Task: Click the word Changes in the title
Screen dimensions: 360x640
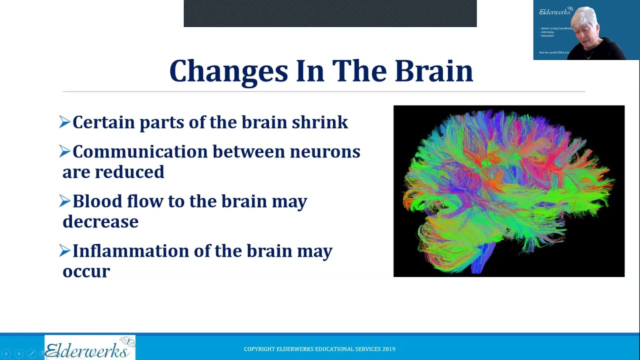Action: click(228, 71)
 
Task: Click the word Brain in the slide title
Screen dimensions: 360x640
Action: click(433, 71)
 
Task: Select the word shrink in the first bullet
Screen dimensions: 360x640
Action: click(320, 122)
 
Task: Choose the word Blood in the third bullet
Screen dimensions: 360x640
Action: click(97, 201)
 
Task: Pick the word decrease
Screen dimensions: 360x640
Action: click(100, 221)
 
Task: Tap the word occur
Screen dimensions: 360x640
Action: click(86, 271)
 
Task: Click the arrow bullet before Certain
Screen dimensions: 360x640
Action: click(64, 122)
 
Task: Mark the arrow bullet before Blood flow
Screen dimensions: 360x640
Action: click(64, 201)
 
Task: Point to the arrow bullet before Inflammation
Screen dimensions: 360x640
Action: click(64, 250)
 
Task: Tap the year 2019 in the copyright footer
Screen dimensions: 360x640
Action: click(388, 349)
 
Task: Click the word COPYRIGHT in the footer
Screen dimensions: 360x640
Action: click(259, 349)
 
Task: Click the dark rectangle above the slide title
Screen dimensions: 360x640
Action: click(330, 13)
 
